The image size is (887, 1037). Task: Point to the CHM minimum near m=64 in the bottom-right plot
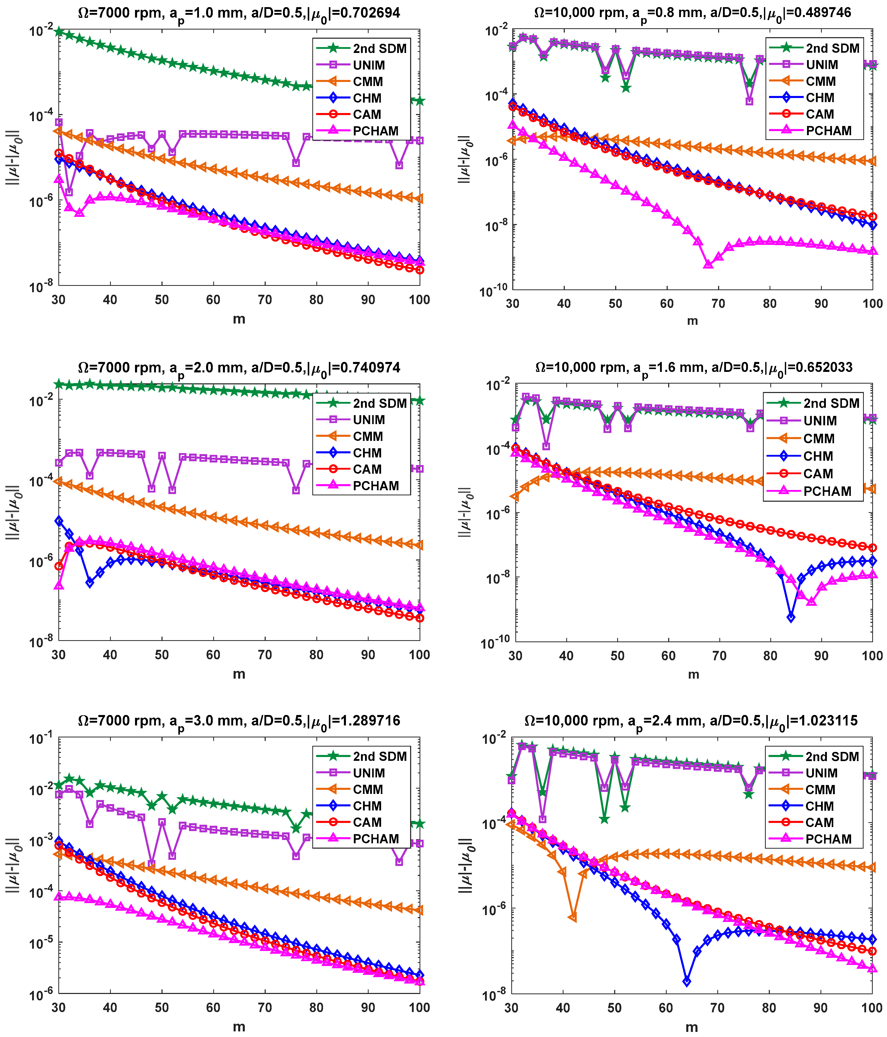coord(687,982)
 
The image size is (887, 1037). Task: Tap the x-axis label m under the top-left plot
coord(239,319)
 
